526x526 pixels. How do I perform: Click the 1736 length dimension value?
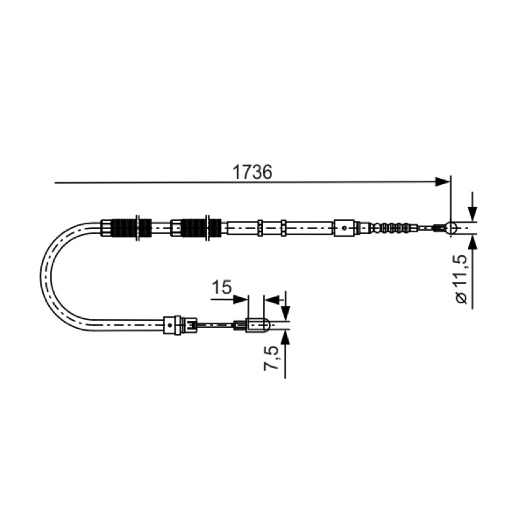coord(252,172)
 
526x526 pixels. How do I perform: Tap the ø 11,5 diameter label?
coord(462,279)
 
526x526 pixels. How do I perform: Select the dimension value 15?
coord(222,287)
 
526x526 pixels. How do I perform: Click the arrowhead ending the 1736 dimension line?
coord(442,182)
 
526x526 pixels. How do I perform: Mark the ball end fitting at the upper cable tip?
coord(451,227)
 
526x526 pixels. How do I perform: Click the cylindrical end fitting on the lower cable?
coord(258,325)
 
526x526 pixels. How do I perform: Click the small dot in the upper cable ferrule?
coord(344,227)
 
